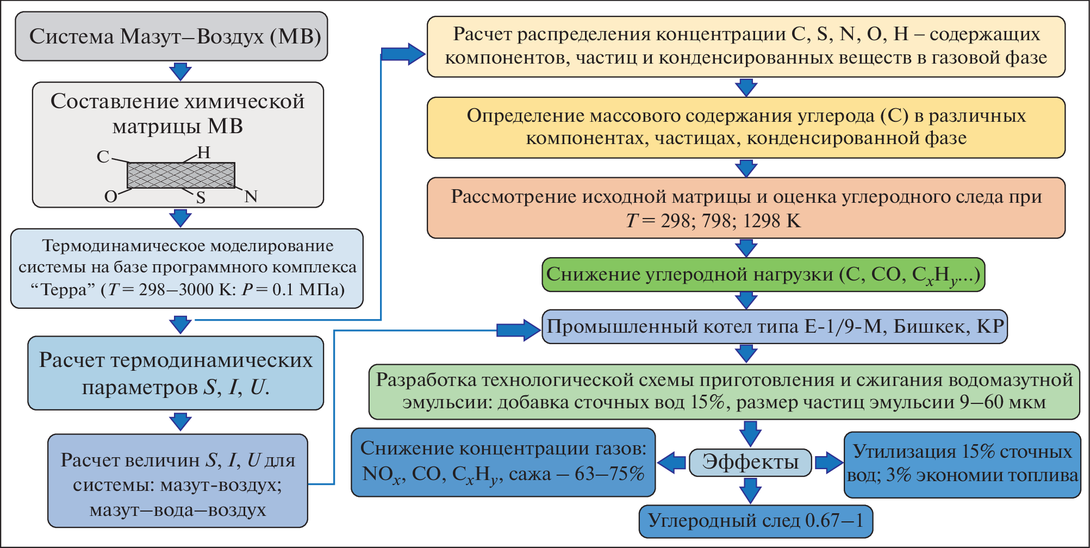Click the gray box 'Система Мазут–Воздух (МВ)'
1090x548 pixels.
point(171,36)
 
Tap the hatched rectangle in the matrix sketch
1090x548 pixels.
point(181,175)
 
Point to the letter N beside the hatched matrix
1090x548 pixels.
point(251,196)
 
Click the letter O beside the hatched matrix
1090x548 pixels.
point(110,196)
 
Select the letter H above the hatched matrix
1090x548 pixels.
point(204,153)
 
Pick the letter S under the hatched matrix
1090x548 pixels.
point(201,197)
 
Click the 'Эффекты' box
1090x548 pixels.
point(750,462)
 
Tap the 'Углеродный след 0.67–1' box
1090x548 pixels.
point(756,521)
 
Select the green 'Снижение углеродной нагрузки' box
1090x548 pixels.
point(763,275)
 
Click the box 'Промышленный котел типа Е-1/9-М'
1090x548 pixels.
point(774,327)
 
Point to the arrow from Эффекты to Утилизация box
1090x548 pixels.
point(829,463)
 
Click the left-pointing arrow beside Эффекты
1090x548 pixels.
point(672,463)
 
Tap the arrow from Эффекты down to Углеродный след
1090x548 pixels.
point(750,490)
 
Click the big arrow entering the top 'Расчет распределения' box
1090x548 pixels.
point(403,54)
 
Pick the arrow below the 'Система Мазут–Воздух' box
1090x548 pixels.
point(180,71)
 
